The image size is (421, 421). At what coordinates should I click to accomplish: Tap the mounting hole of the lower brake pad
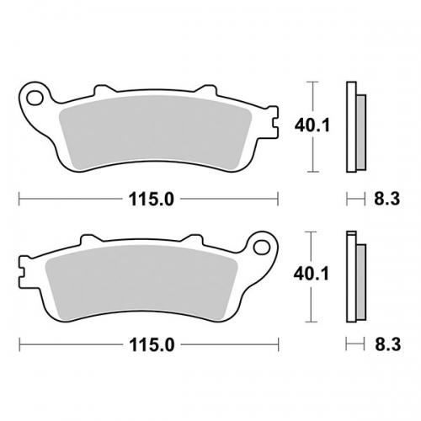click(x=259, y=248)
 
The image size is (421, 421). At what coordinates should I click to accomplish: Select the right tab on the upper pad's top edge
click(x=205, y=88)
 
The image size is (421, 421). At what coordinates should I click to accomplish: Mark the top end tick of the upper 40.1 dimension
click(x=314, y=83)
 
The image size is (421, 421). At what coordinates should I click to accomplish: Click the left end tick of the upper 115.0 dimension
click(x=19, y=199)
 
